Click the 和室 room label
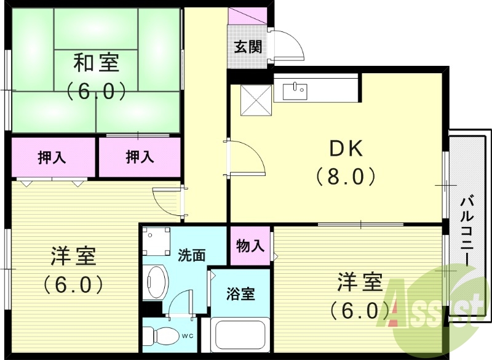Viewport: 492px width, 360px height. coord(97,63)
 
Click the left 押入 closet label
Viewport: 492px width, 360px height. coord(52,158)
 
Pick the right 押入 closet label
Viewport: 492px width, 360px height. coord(140,158)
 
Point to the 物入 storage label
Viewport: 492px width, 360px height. coord(250,246)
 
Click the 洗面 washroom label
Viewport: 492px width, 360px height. coord(191,254)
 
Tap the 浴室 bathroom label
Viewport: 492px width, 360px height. coord(240,294)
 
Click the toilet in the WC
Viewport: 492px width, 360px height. coord(159,336)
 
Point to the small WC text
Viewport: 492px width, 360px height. coord(188,337)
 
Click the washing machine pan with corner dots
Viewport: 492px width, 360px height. coord(156,242)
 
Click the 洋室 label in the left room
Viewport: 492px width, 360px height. coord(73,256)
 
